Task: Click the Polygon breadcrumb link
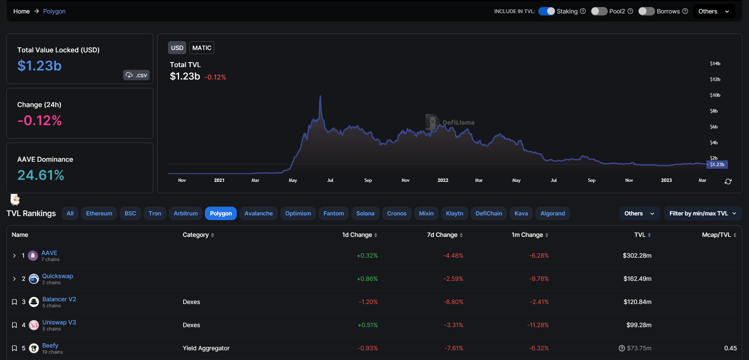pos(54,11)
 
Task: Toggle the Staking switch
pos(546,11)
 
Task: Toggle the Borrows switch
pos(646,11)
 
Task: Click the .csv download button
pos(136,75)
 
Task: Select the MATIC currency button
pos(202,48)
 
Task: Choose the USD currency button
pos(177,48)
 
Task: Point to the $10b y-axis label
pos(715,95)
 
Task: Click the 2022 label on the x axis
pos(443,180)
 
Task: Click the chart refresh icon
pos(728,182)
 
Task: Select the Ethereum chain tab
pos(99,213)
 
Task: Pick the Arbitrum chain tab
pos(185,213)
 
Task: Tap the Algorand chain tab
pos(552,213)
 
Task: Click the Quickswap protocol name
pos(58,276)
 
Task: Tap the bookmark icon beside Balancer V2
pos(14,302)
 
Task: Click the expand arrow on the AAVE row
pos(14,256)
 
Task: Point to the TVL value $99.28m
pos(639,325)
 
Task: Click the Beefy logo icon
pos(34,348)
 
